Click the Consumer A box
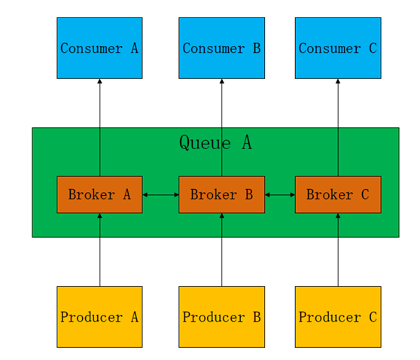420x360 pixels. pos(99,48)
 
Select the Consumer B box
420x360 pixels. pos(222,48)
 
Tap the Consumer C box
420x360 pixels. pos(338,48)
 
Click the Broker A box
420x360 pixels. pos(99,194)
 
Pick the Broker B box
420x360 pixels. pos(222,194)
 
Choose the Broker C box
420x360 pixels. pos(338,194)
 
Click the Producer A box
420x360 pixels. pos(99,317)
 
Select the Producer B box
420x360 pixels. pos(222,317)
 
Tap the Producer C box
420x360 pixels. pos(338,317)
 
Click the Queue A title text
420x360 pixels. pos(215,142)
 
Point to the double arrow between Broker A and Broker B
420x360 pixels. pos(161,194)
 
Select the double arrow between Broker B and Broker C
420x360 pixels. pos(280,194)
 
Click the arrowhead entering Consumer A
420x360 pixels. pos(99,81)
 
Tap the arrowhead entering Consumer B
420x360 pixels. pos(222,81)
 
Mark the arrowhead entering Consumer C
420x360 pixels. pos(338,81)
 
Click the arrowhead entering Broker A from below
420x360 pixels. pos(99,215)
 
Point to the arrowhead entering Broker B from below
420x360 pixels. pos(222,215)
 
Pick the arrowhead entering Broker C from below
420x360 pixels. pos(338,215)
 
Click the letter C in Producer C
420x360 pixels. pos(373,317)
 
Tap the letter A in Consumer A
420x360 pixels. pos(135,48)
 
